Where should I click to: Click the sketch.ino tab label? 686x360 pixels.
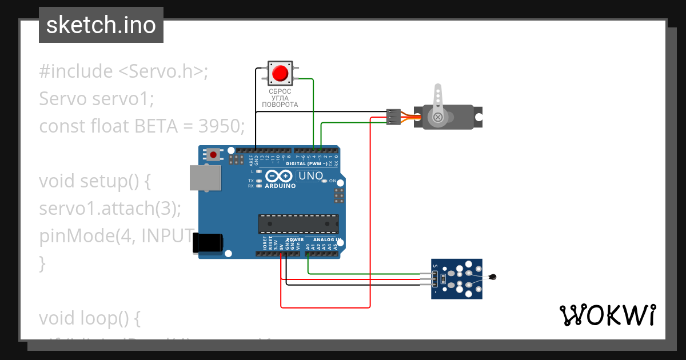[x=101, y=25]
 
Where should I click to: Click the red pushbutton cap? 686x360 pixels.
[x=280, y=73]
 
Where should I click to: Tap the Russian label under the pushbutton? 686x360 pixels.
[x=280, y=98]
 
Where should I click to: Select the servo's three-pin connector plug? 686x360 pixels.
[x=393, y=117]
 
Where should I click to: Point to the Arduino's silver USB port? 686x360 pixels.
[x=205, y=178]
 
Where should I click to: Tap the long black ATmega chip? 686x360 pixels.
[x=298, y=223]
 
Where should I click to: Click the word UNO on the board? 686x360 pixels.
[x=311, y=176]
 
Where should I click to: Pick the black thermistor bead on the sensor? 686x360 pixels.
[x=493, y=278]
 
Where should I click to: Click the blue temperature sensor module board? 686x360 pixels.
[x=457, y=278]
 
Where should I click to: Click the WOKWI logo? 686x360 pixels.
[x=607, y=315]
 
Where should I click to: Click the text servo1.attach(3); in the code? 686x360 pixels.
[x=110, y=209]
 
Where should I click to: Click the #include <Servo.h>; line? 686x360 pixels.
[x=124, y=71]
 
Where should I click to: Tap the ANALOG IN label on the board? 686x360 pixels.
[x=326, y=239]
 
